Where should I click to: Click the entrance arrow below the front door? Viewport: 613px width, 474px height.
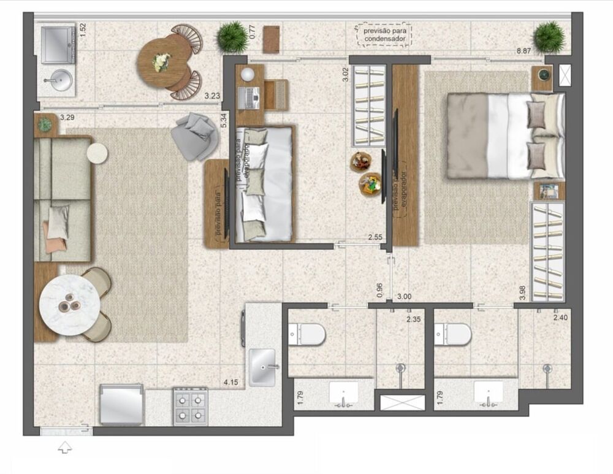(x=64, y=448)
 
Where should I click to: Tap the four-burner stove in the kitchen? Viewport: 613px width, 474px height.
(x=191, y=406)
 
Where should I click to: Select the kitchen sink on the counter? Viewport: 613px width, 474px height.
(x=262, y=366)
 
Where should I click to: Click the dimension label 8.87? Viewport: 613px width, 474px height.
(x=524, y=52)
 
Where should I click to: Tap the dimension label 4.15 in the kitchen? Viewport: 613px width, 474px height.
(x=230, y=382)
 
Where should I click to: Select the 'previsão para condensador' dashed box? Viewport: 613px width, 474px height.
(x=384, y=35)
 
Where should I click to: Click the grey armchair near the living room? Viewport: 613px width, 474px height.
(x=195, y=136)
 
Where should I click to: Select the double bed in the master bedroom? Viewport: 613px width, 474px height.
(x=504, y=136)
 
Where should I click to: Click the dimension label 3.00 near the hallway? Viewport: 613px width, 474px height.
(x=404, y=297)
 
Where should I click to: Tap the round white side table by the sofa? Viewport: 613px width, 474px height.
(x=97, y=153)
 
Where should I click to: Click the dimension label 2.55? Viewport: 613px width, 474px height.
(x=376, y=237)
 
